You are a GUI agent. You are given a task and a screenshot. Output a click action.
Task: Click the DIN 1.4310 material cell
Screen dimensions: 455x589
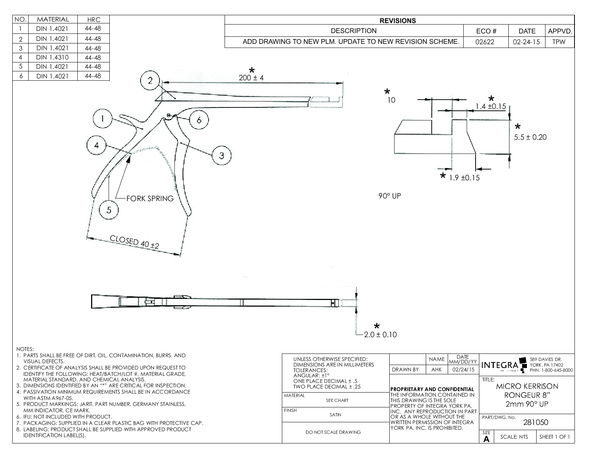click(x=52, y=57)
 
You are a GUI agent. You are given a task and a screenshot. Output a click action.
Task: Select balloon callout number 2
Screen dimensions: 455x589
click(x=150, y=81)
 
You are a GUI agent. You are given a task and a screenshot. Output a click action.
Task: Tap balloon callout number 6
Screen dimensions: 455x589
click(x=199, y=120)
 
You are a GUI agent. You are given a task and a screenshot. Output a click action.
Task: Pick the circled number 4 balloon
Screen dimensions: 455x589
click(x=97, y=145)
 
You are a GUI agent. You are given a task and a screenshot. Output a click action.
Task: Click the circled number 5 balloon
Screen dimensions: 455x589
click(x=109, y=210)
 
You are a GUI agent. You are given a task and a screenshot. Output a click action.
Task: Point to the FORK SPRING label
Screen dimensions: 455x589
click(x=150, y=199)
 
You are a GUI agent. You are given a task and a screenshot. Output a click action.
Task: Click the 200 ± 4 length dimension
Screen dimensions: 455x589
click(x=251, y=78)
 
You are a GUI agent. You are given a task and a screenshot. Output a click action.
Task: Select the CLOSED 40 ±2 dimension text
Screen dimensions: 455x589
click(x=134, y=242)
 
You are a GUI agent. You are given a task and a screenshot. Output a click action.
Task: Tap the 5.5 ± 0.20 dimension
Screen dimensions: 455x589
click(x=530, y=137)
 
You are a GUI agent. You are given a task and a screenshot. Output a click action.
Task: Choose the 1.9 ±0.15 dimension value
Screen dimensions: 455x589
click(x=464, y=178)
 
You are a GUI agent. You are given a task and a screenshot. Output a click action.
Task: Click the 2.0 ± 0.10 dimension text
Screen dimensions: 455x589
click(x=380, y=335)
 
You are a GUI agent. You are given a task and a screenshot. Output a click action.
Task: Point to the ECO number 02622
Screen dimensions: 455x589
click(x=485, y=42)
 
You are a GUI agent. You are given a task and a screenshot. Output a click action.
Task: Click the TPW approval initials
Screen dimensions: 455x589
click(x=559, y=42)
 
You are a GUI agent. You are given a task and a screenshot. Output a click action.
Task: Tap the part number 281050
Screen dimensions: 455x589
click(x=535, y=422)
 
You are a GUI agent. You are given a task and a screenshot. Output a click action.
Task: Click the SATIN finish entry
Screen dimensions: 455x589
click(x=335, y=415)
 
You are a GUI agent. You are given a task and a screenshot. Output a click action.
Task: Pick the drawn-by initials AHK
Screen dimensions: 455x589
click(x=437, y=370)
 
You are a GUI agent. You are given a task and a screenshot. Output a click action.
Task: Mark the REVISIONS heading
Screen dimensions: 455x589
click(x=398, y=21)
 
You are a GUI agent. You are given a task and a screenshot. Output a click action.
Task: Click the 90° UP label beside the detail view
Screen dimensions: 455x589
click(x=390, y=196)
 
